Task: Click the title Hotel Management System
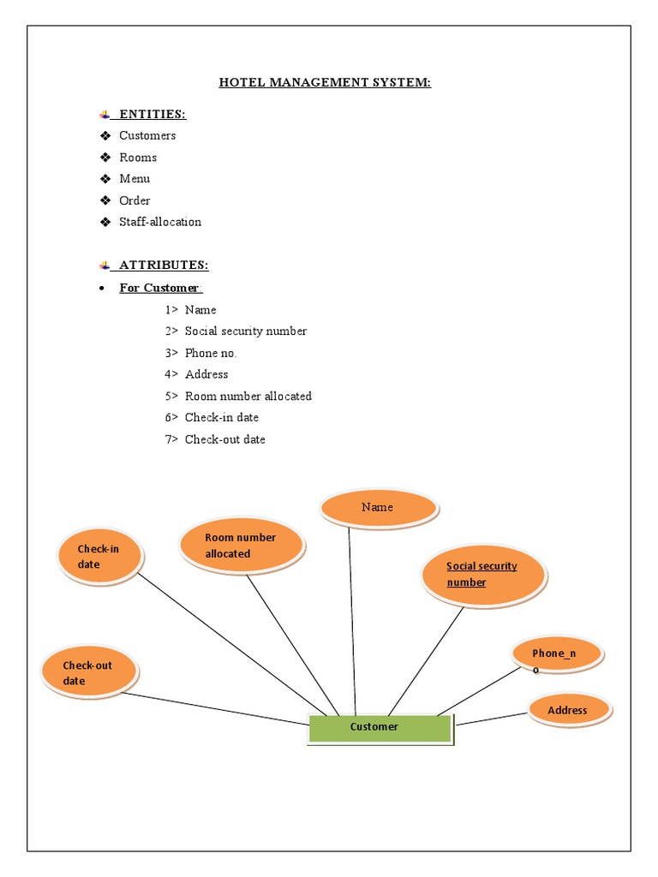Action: tap(325, 83)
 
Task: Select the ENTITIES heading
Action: tap(152, 115)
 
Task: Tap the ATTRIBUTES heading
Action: tap(163, 265)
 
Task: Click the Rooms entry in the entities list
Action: tap(138, 158)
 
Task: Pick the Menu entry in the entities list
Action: tap(135, 179)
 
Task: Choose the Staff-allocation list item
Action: tap(160, 222)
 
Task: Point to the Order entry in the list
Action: tap(135, 200)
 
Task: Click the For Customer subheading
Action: tap(160, 288)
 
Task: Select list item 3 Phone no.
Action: tap(210, 353)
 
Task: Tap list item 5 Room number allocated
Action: tap(248, 397)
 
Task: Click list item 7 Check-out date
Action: tap(224, 439)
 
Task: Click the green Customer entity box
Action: tap(380, 728)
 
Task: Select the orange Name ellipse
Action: tap(378, 508)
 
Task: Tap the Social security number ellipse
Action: tap(482, 575)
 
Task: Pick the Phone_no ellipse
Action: tap(557, 655)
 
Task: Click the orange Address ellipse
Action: tap(569, 710)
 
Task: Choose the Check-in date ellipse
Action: tap(99, 557)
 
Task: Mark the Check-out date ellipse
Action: tap(88, 672)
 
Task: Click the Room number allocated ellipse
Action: tap(241, 546)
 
